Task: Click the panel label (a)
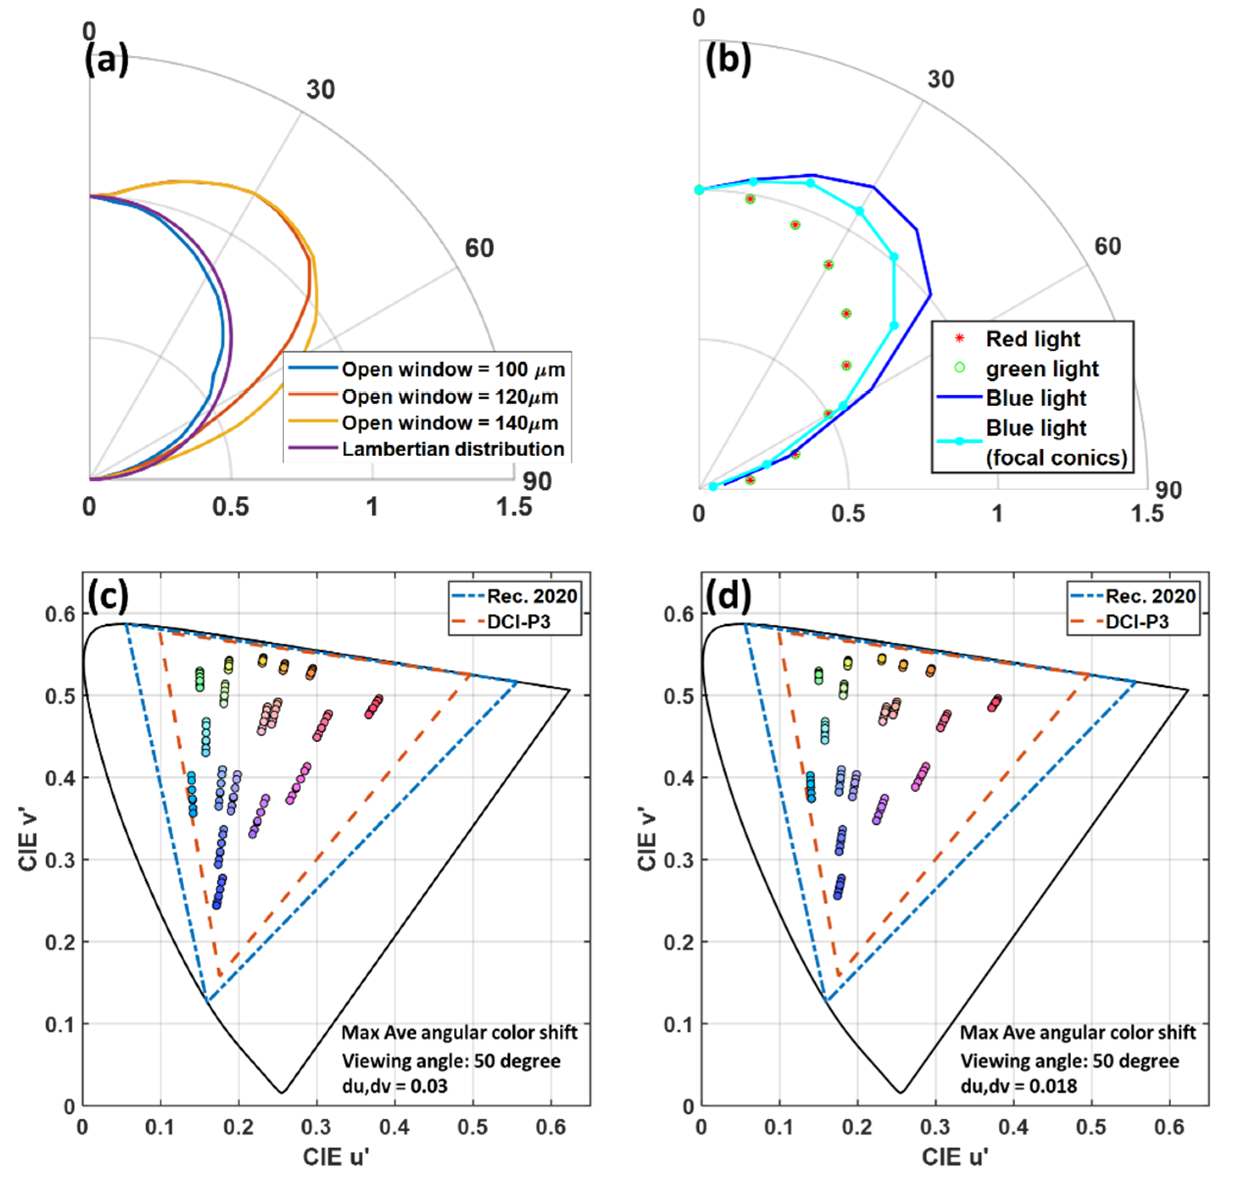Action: point(106,61)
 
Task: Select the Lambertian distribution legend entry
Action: point(452,449)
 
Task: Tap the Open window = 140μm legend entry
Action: point(449,423)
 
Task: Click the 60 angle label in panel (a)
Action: point(479,249)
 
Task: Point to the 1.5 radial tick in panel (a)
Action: point(514,507)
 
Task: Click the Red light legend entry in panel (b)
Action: point(1032,339)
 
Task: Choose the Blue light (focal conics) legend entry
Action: point(1055,442)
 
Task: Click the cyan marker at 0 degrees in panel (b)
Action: point(699,190)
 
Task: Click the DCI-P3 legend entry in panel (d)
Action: point(1136,622)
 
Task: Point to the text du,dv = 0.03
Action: point(394,1086)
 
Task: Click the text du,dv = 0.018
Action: point(1018,1086)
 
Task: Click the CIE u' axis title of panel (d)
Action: point(954,1156)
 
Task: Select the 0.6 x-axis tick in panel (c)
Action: point(551,1127)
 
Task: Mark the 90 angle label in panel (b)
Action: point(1168,490)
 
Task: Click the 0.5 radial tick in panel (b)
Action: point(847,514)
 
